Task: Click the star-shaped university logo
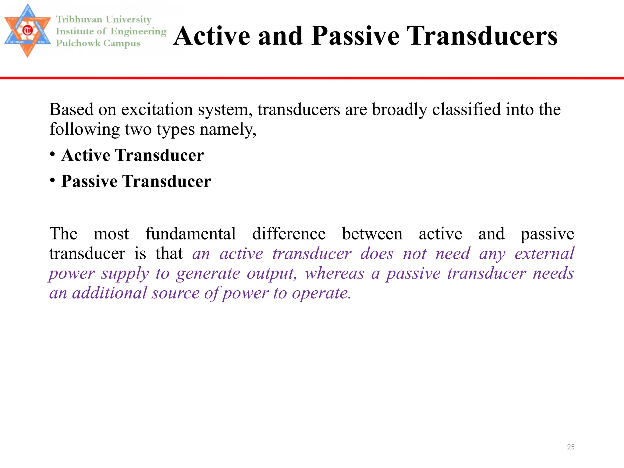[27, 30]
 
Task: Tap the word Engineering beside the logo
[138, 31]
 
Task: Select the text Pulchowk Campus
[98, 43]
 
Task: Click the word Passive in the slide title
[355, 36]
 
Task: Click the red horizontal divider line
[312, 78]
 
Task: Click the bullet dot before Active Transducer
[53, 154]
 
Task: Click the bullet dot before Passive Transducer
[53, 180]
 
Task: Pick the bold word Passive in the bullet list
[89, 181]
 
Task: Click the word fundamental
[190, 234]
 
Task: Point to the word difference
[289, 234]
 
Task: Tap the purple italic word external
[544, 254]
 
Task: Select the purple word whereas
[334, 273]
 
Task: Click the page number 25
[571, 447]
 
